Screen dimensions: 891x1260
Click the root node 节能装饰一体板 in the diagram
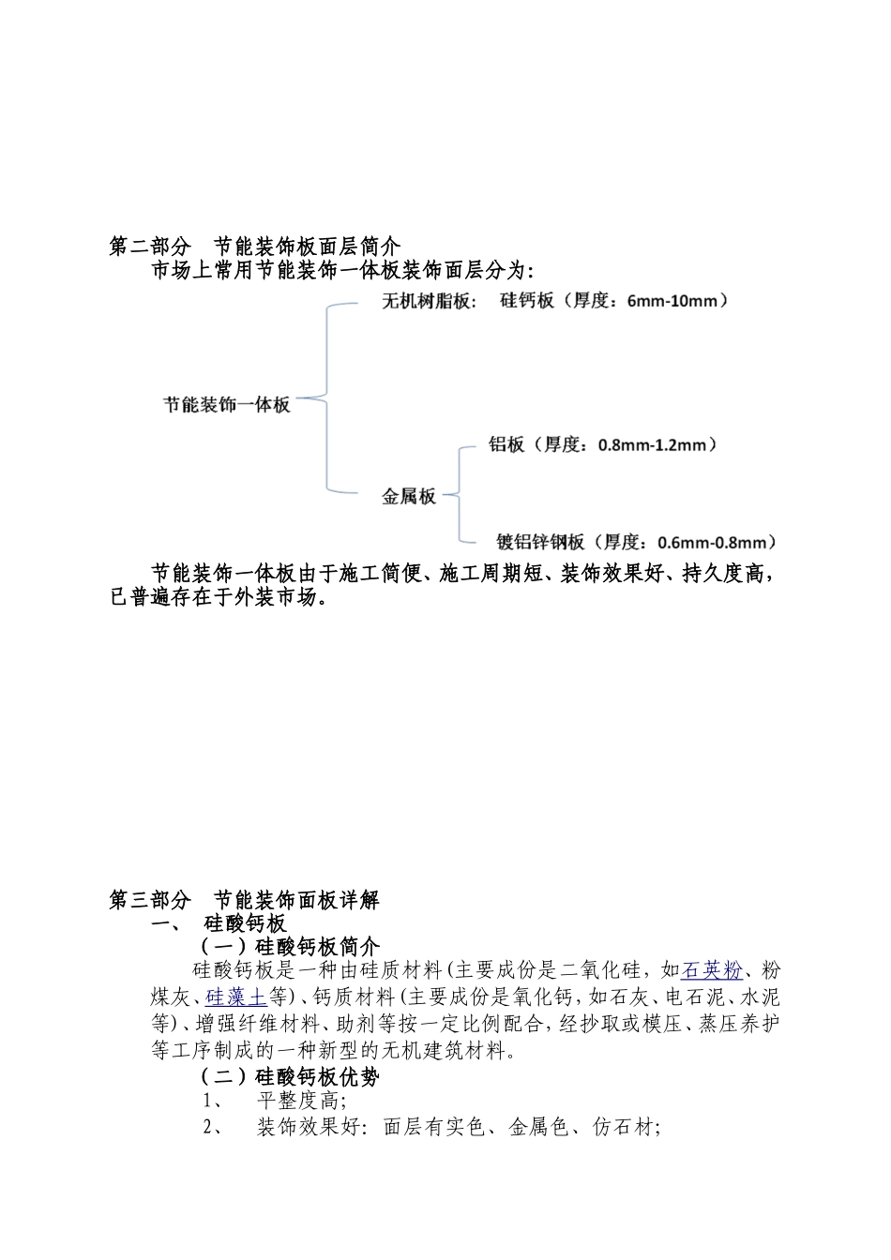pyautogui.click(x=227, y=405)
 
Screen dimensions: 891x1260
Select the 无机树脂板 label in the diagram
pyautogui.click(x=428, y=302)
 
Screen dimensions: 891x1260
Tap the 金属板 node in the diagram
pyautogui.click(x=409, y=497)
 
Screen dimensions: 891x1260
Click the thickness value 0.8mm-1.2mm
pyautogui.click(x=657, y=445)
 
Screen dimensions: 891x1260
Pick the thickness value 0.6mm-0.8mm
pyautogui.click(x=717, y=542)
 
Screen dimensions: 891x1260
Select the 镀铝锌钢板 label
pyautogui.click(x=540, y=542)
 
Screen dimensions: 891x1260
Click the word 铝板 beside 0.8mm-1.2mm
pyautogui.click(x=506, y=445)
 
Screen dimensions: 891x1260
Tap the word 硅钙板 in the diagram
pyautogui.click(x=527, y=302)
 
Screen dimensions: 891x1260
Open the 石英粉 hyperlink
pyautogui.click(x=712, y=970)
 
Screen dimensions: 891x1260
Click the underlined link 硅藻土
pyautogui.click(x=235, y=997)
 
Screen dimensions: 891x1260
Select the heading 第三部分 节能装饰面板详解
pyautogui.click(x=245, y=900)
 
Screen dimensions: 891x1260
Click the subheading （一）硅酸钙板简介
pyautogui.click(x=289, y=946)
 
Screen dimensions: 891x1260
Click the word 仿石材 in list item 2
pyautogui.click(x=625, y=1128)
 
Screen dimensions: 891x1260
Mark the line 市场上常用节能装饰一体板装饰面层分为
pyautogui.click(x=342, y=272)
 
